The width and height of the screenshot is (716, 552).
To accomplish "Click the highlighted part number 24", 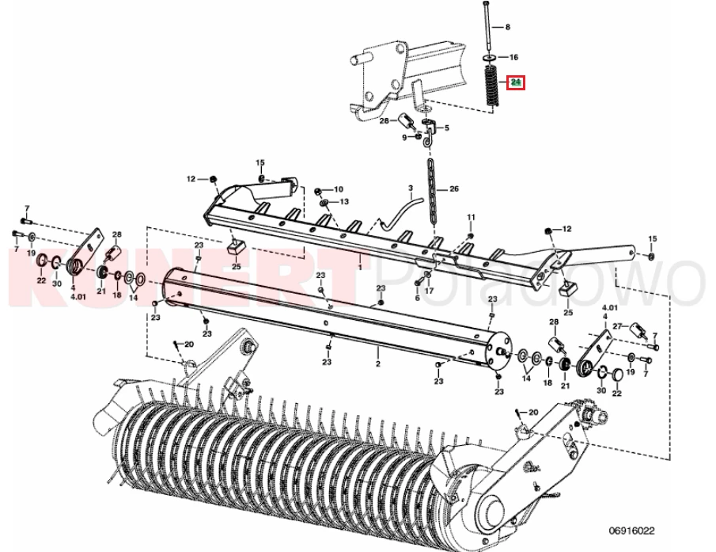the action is pyautogui.click(x=516, y=82).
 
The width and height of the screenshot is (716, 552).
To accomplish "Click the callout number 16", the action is pyautogui.click(x=513, y=57).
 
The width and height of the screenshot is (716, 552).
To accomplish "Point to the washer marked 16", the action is pyautogui.click(x=489, y=58).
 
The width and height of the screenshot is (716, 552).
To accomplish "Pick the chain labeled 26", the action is pyautogui.click(x=433, y=191).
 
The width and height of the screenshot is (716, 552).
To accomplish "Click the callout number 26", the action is pyautogui.click(x=454, y=188).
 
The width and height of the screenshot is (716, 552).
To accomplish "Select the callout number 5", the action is pyautogui.click(x=446, y=128).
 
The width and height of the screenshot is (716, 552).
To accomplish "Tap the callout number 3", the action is pyautogui.click(x=411, y=188).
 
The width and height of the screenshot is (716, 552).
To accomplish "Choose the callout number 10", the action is pyautogui.click(x=339, y=189).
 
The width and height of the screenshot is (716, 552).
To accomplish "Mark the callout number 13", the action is pyautogui.click(x=344, y=201).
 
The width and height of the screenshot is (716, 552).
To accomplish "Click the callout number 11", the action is pyautogui.click(x=472, y=217).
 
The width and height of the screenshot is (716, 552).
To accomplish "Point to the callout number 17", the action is pyautogui.click(x=430, y=291).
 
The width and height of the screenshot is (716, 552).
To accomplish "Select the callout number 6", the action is pyautogui.click(x=417, y=298).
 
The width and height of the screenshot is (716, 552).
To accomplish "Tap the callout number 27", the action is pyautogui.click(x=617, y=326).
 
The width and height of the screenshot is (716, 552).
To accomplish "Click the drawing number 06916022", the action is pyautogui.click(x=631, y=531).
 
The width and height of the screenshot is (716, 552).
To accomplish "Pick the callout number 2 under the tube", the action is pyautogui.click(x=378, y=364).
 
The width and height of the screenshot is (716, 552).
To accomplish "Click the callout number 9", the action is pyautogui.click(x=404, y=137).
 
